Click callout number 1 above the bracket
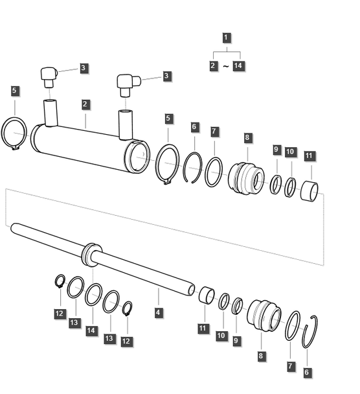pyautogui.click(x=226, y=38)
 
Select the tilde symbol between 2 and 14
pyautogui.click(x=226, y=67)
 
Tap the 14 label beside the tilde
pyautogui.click(x=238, y=67)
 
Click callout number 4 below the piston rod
pyautogui.click(x=159, y=312)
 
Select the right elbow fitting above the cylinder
pyautogui.click(x=126, y=82)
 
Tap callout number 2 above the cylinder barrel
pyautogui.click(x=85, y=104)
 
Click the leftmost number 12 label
pyautogui.click(x=60, y=314)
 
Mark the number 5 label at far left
pyautogui.click(x=15, y=90)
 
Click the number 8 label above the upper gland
pyautogui.click(x=247, y=137)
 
